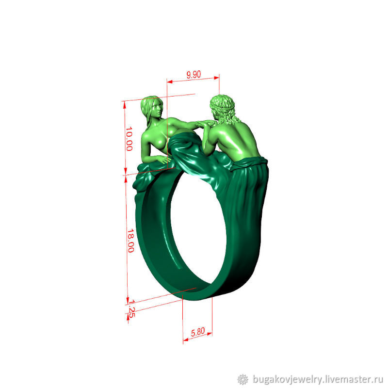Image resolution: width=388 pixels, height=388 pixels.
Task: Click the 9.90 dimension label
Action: (194, 74)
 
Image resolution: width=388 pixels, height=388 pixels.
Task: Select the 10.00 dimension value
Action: (129, 139)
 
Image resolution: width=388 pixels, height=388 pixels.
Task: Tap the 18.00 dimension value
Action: (130, 241)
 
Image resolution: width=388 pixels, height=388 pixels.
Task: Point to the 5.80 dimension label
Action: (198, 332)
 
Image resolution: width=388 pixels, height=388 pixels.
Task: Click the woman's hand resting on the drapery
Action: (164, 160)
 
